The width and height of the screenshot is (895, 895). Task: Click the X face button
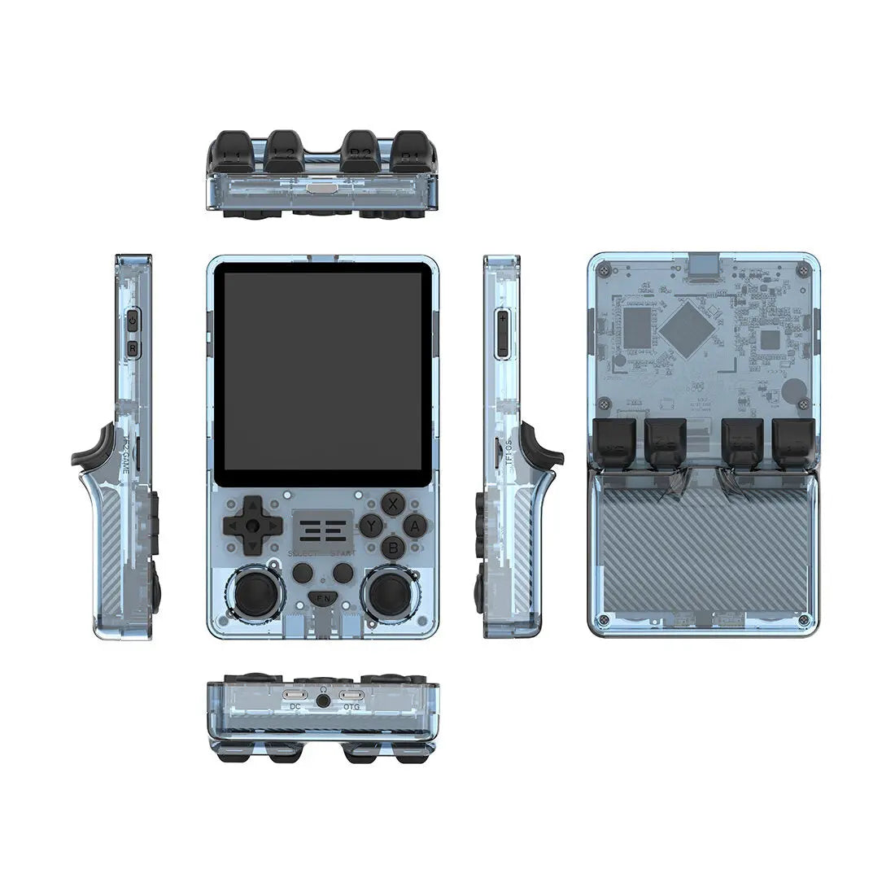[394, 502]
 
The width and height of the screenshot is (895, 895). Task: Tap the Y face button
[371, 525]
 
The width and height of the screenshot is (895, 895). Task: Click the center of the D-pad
[254, 526]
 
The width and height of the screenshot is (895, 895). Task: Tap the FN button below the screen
[324, 599]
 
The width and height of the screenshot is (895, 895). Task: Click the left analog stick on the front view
[253, 592]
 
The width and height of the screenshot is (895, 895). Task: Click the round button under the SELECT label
[303, 573]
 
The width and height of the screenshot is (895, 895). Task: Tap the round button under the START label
[345, 573]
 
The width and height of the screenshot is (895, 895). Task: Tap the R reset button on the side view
[133, 348]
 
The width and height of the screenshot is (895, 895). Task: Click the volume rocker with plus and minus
[502, 334]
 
